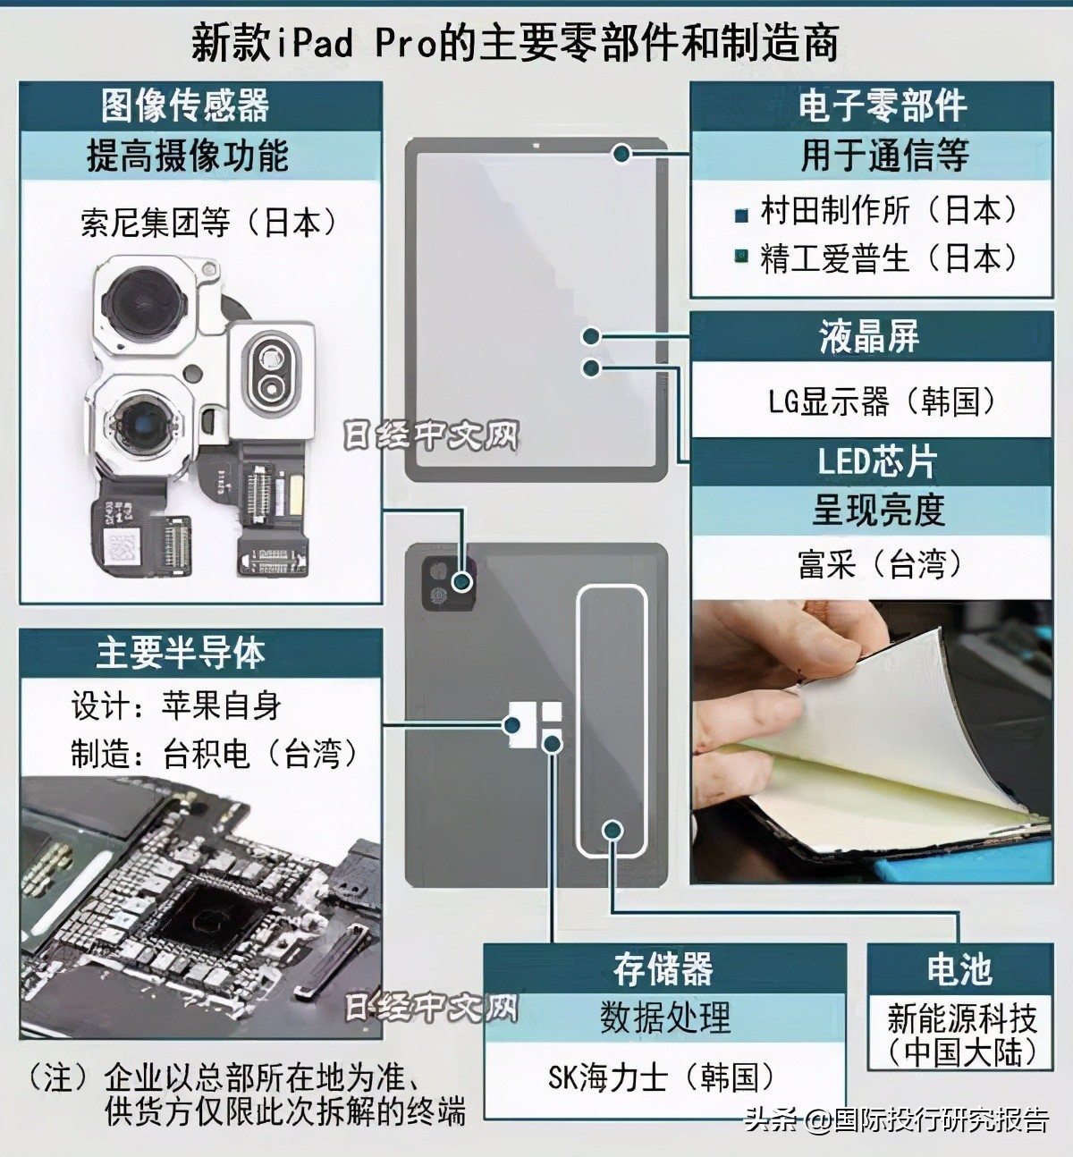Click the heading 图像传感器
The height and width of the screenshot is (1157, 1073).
point(185,106)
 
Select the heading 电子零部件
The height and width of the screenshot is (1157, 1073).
point(882,106)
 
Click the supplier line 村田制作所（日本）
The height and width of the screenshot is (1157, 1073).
point(889,210)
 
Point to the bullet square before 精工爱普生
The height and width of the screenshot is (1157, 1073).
point(740,258)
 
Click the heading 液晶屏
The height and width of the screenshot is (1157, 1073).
point(868,337)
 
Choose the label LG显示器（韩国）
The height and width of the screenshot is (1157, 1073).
point(881,401)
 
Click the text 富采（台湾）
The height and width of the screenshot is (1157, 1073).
point(881,563)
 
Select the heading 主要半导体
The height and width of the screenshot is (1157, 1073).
point(182,653)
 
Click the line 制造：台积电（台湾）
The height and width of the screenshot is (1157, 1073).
point(215,754)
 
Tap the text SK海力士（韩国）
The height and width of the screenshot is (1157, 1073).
point(661,1076)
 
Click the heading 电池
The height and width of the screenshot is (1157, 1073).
point(959,967)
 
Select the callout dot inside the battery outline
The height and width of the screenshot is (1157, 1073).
point(613,830)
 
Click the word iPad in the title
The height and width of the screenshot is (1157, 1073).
point(312,43)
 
